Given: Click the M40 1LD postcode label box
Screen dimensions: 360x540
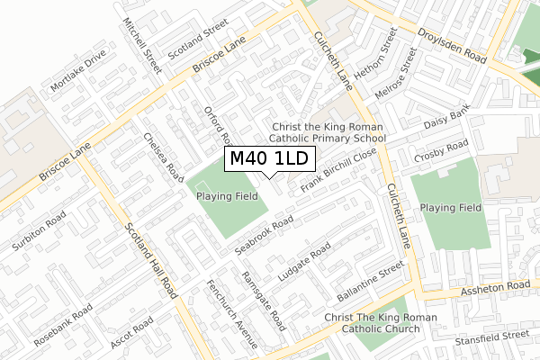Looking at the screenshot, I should [x=269, y=160].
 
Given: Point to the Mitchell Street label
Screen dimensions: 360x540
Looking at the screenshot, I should [x=142, y=47].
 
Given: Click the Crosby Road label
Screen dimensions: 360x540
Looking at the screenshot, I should [x=441, y=150].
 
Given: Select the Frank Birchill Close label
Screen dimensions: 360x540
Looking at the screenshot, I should [x=337, y=170].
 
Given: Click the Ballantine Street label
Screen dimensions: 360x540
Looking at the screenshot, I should [x=370, y=283].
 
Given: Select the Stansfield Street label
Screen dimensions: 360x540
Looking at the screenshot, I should [x=491, y=337].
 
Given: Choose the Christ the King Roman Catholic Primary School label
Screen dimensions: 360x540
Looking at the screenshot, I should [x=328, y=132].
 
